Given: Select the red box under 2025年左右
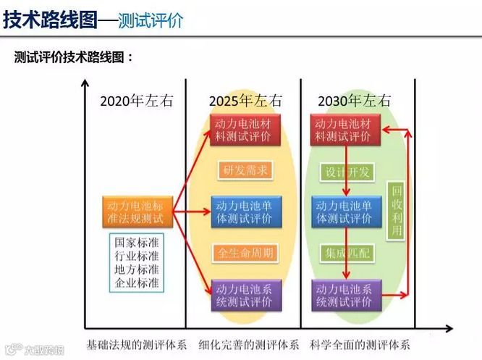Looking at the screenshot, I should pos(242,130).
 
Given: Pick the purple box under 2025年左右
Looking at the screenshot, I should pos(242,295).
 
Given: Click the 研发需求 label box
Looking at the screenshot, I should pos(245,171).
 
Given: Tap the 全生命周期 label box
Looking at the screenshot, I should pos(244,254).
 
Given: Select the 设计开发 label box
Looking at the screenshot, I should pos(345,172).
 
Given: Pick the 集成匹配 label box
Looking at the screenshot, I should pos(345,254).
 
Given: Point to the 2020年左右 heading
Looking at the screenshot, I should pos(137,101).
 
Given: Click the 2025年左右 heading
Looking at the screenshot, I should pos(245,101).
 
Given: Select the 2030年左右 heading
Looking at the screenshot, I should pos(354,101).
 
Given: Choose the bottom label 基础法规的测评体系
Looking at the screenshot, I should pos(137,345).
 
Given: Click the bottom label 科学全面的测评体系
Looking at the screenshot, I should pos(360,345).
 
